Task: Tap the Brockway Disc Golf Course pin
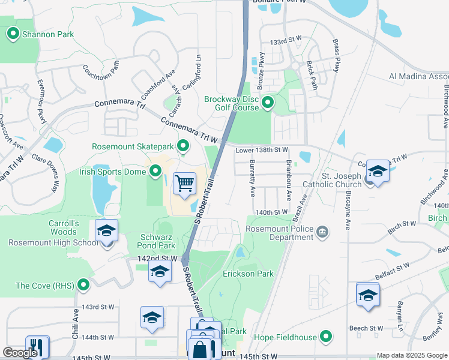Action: (x=268, y=103)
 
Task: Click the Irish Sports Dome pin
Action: (x=155, y=172)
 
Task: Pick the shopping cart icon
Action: (x=185, y=182)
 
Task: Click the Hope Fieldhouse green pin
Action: (x=326, y=337)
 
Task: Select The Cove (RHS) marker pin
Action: (x=83, y=285)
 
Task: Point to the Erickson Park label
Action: (x=248, y=274)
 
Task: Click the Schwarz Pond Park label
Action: (x=149, y=241)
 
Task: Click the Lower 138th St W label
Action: (x=262, y=149)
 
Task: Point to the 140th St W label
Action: (x=271, y=212)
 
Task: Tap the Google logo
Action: (x=19, y=353)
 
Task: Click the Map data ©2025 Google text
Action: (x=412, y=355)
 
